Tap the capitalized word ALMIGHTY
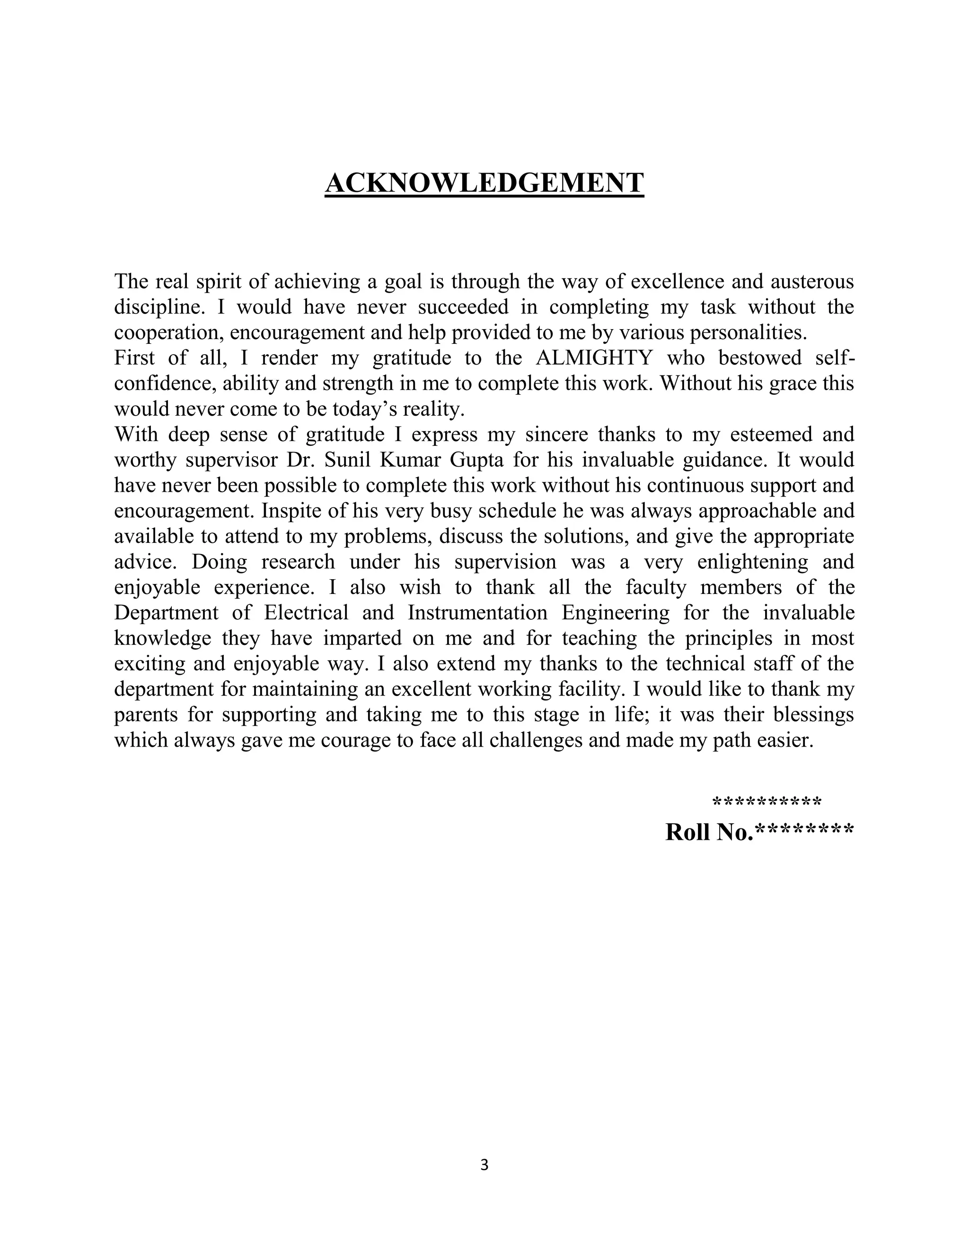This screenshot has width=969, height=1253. (x=594, y=358)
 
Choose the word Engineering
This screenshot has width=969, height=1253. (x=616, y=613)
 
